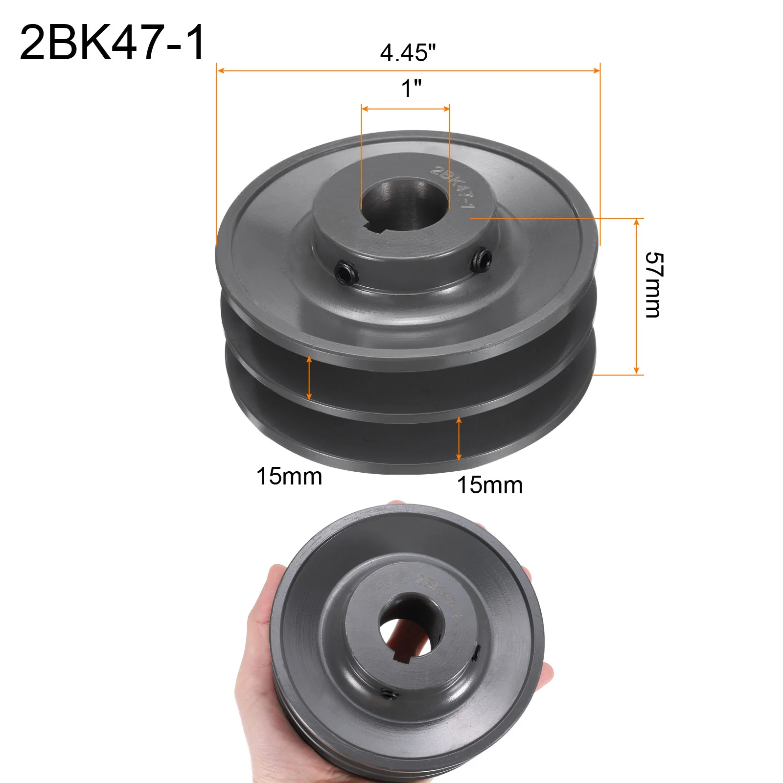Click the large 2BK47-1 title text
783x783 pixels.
click(112, 43)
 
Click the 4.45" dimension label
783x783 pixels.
click(408, 52)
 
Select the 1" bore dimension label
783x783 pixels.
click(411, 88)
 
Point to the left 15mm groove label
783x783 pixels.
click(289, 476)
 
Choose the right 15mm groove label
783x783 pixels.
click(490, 485)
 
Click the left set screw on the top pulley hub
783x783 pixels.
click(345, 273)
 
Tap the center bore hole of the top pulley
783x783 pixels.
click(405, 203)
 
